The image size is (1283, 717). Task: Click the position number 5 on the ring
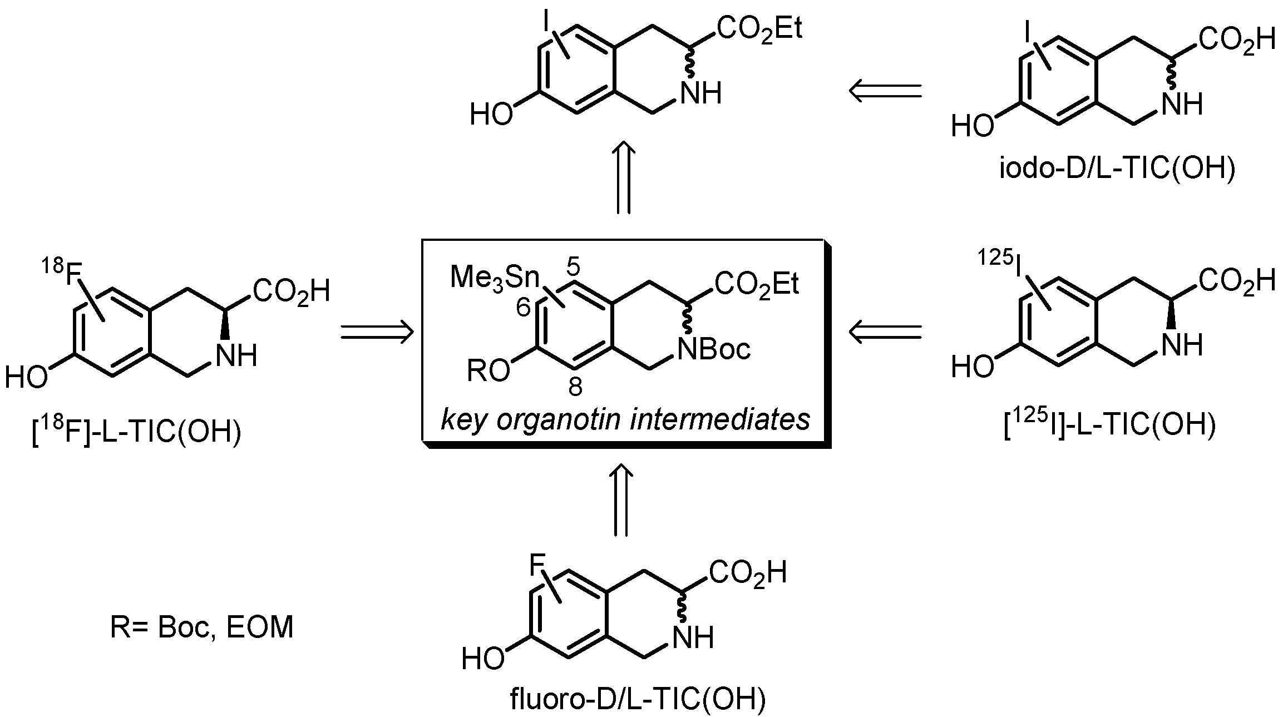(574, 267)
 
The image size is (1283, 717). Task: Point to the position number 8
(575, 387)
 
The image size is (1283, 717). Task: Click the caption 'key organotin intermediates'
(625, 420)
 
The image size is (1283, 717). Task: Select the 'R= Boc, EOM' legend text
(202, 628)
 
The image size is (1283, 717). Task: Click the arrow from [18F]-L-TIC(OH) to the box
(377, 332)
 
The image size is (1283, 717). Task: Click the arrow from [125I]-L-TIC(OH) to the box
(885, 332)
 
